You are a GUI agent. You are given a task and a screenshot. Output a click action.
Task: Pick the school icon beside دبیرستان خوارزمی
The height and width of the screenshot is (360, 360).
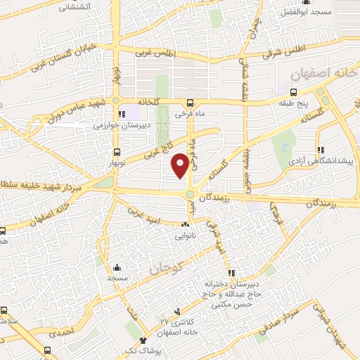(x=122, y=114)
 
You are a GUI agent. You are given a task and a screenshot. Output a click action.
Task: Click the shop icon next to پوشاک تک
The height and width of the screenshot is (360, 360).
(x=143, y=340)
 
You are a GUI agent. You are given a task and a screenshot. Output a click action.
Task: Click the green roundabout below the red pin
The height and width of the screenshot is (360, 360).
(x=191, y=194)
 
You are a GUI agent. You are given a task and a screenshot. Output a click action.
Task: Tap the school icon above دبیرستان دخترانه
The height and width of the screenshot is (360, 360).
(x=229, y=273)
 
